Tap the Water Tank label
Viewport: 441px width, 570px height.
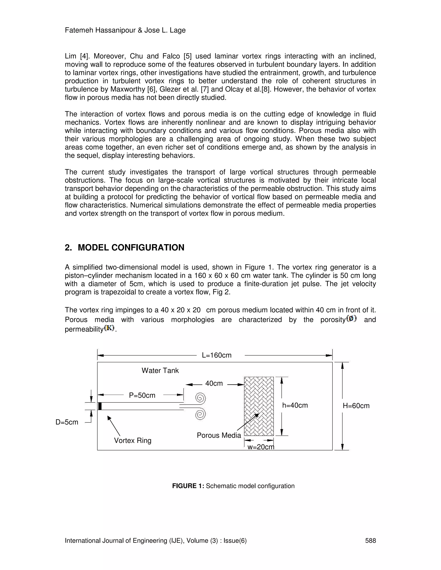pyautogui.click(x=160, y=371)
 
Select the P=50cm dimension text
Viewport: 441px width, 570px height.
pyautogui.click(x=142, y=395)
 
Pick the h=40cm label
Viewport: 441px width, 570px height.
pyautogui.click(x=295, y=405)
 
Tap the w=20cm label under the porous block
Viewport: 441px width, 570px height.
pyautogui.click(x=261, y=447)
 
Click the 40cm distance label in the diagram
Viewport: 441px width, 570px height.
pyautogui.click(x=214, y=383)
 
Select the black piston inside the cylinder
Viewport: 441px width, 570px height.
pyautogui.click(x=100, y=406)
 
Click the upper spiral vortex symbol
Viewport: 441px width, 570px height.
pyautogui.click(x=200, y=398)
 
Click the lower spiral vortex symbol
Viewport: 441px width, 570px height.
pyautogui.click(x=200, y=414)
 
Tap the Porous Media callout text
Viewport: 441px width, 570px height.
pyautogui.click(x=219, y=435)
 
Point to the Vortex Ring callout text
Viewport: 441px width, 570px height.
pyautogui.click(x=133, y=441)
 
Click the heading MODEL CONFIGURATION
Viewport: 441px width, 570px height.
pyautogui.click(x=131, y=247)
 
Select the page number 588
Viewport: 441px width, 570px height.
pyautogui.click(x=370, y=541)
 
